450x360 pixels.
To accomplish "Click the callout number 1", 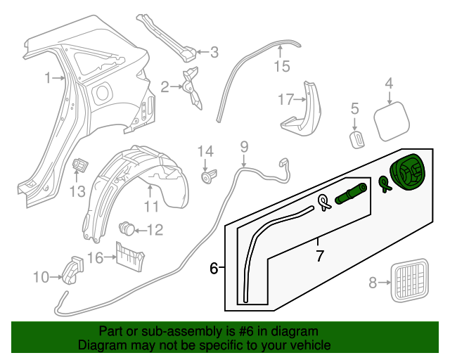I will click(48, 79).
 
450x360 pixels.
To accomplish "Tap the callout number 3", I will click(214, 51).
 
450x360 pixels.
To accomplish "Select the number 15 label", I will click(281, 67).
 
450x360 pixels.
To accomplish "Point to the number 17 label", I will click(284, 100).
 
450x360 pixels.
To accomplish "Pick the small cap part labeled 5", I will click(356, 136).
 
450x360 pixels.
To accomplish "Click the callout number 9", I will click(244, 148).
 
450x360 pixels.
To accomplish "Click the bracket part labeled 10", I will click(72, 269).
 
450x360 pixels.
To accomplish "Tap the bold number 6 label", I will click(214, 268).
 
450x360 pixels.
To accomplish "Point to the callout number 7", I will click(320, 257).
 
